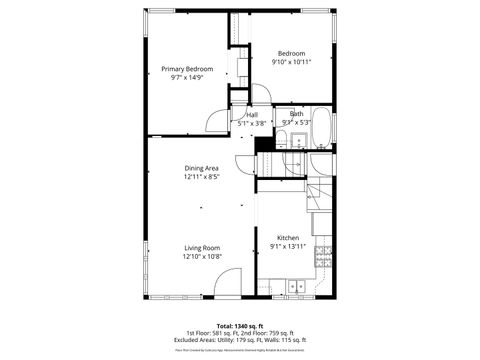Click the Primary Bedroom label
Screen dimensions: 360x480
click(x=187, y=69)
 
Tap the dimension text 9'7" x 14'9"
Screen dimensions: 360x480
click(x=187, y=78)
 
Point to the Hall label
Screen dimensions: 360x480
click(x=253, y=115)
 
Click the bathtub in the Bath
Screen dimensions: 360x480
click(x=318, y=128)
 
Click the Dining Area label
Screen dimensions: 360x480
click(x=201, y=168)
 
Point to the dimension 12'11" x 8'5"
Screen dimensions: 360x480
click(x=201, y=177)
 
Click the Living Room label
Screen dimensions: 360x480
click(x=201, y=247)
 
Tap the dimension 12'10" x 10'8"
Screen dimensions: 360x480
click(x=201, y=256)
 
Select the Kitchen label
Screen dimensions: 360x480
click(x=289, y=237)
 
